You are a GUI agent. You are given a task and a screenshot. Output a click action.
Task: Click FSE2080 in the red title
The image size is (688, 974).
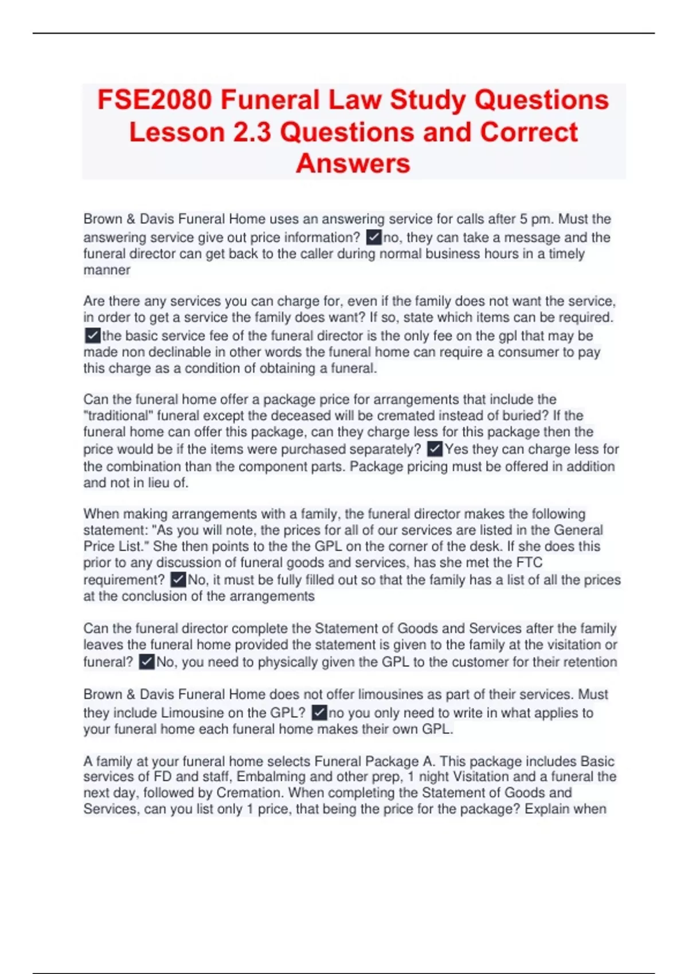tap(154, 100)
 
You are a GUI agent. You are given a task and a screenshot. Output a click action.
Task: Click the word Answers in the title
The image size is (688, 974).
tap(353, 164)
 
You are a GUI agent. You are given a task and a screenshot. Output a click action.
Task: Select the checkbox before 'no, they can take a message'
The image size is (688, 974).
tap(374, 237)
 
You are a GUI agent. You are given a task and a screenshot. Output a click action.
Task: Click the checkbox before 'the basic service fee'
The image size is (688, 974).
tap(92, 335)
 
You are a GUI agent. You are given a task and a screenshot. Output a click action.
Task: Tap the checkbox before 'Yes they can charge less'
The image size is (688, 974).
tap(435, 449)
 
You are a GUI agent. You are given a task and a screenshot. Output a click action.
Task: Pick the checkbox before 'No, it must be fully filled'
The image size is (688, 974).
tap(178, 580)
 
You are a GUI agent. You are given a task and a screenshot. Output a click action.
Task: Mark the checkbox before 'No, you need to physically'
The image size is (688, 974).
tap(147, 662)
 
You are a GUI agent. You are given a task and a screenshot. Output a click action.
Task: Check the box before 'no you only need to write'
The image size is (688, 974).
tap(319, 713)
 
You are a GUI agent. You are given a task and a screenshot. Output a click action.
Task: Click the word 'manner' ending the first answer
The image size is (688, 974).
tap(107, 270)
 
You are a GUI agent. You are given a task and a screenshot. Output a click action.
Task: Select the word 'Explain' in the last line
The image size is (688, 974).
tap(548, 809)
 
